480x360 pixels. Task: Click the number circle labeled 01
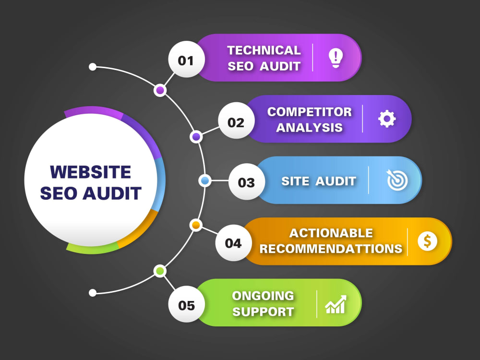[186, 60]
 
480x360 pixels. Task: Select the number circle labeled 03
[246, 181]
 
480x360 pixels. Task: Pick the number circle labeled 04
[233, 243]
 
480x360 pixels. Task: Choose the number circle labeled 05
[186, 304]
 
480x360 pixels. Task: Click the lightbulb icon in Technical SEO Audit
[336, 58]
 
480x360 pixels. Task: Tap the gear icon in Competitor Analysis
[387, 119]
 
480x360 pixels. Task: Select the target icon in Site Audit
[397, 180]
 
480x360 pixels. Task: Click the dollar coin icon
[427, 241]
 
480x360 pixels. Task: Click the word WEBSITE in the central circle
[91, 172]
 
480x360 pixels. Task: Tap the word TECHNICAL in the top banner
[264, 50]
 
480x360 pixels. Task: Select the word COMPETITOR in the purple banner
[310, 112]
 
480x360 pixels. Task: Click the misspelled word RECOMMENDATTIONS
[331, 249]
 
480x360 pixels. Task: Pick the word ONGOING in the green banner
[263, 296]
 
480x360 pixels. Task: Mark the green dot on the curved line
[160, 271]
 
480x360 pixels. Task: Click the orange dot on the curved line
[196, 225]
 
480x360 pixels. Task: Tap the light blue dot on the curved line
[205, 180]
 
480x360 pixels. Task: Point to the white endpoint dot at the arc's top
[93, 67]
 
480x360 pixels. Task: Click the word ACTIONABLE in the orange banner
[331, 233]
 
